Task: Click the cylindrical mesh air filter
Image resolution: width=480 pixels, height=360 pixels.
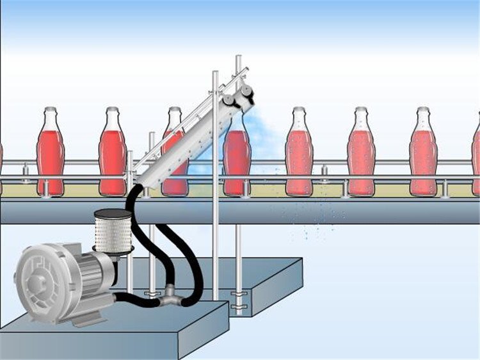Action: point(113,231)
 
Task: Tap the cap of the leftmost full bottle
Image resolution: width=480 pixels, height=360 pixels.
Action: point(51,110)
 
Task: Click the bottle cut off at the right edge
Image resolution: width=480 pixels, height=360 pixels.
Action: point(476,157)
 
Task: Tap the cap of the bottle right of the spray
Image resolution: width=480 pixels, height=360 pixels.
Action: point(299,110)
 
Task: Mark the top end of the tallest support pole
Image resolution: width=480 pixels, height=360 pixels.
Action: point(238,58)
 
